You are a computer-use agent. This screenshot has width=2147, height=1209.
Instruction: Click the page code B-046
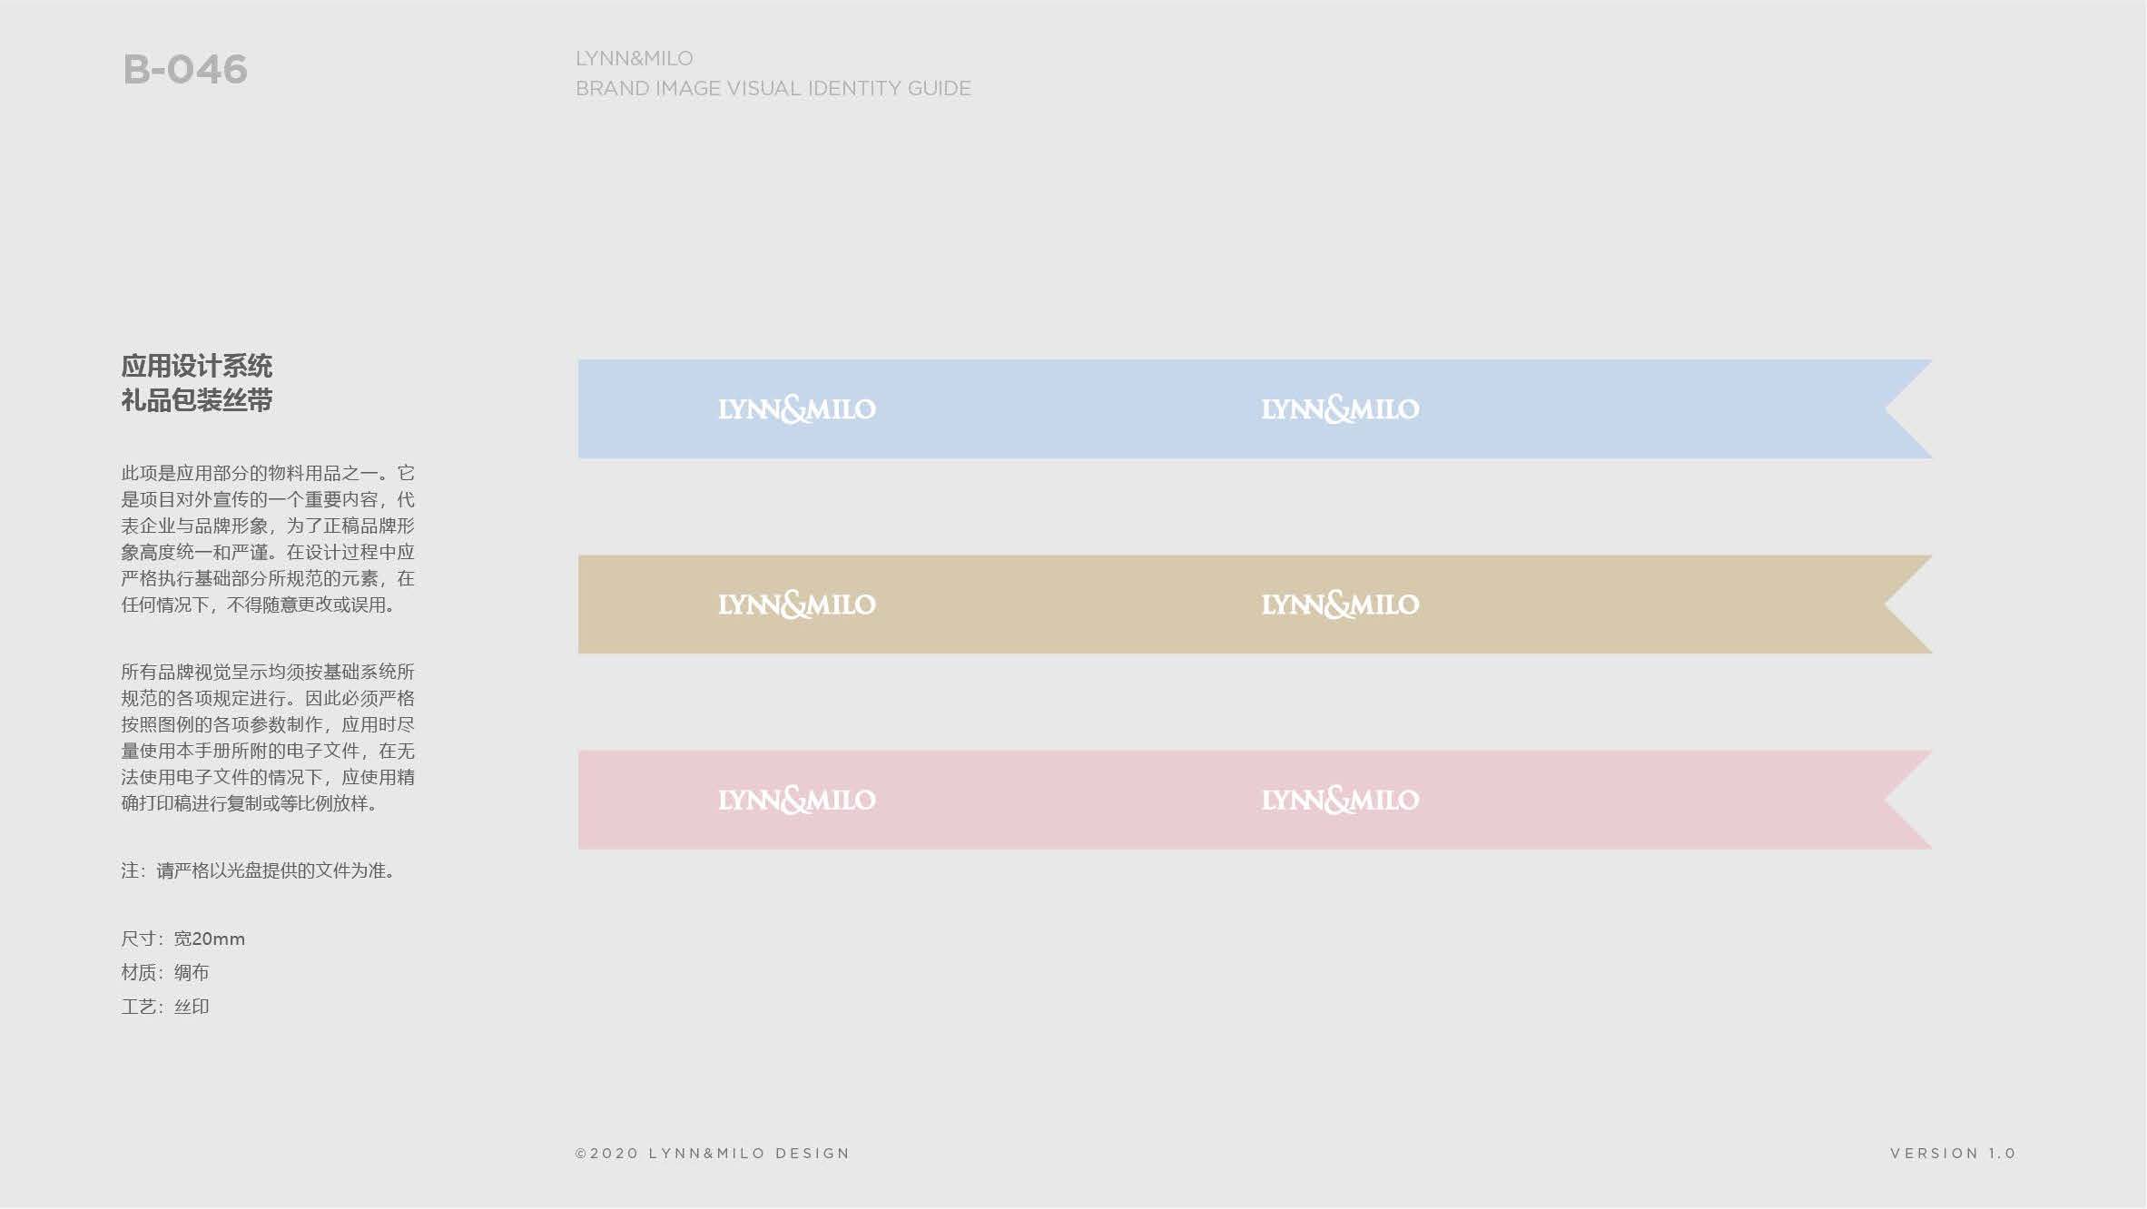tap(185, 70)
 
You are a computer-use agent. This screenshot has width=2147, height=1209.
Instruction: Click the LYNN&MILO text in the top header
tap(635, 58)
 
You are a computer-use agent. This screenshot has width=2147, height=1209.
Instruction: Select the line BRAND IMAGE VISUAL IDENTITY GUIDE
tap(773, 88)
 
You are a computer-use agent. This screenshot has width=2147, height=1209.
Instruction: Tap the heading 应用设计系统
tap(197, 366)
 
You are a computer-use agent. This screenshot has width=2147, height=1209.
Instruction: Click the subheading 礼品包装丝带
tap(197, 400)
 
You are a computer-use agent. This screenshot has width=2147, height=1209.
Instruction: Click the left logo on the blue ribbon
tap(797, 409)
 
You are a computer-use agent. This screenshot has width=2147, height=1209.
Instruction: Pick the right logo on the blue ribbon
tap(1340, 409)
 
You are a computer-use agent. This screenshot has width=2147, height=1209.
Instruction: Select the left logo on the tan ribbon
tap(797, 604)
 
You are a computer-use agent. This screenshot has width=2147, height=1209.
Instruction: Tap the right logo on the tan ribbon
tap(1340, 604)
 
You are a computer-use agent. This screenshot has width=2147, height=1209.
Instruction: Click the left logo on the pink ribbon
tap(797, 800)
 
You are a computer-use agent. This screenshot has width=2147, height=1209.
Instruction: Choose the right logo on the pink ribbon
tap(1340, 800)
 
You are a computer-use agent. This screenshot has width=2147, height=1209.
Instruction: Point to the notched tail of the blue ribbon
tap(1886, 409)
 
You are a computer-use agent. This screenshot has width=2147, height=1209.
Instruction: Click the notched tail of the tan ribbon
tap(1886, 604)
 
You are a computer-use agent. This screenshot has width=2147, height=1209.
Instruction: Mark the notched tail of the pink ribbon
tap(1886, 800)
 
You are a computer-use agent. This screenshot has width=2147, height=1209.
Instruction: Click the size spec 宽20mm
tap(210, 939)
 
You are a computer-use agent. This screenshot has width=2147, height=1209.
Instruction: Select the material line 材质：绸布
tap(165, 972)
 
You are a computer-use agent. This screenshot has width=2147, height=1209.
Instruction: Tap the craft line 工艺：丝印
tap(165, 1007)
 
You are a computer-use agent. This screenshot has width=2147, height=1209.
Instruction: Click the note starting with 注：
tap(258, 870)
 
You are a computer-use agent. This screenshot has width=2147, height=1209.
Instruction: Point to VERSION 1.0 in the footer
tap(1953, 1154)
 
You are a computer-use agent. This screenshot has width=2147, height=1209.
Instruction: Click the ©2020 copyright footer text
tap(713, 1154)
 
